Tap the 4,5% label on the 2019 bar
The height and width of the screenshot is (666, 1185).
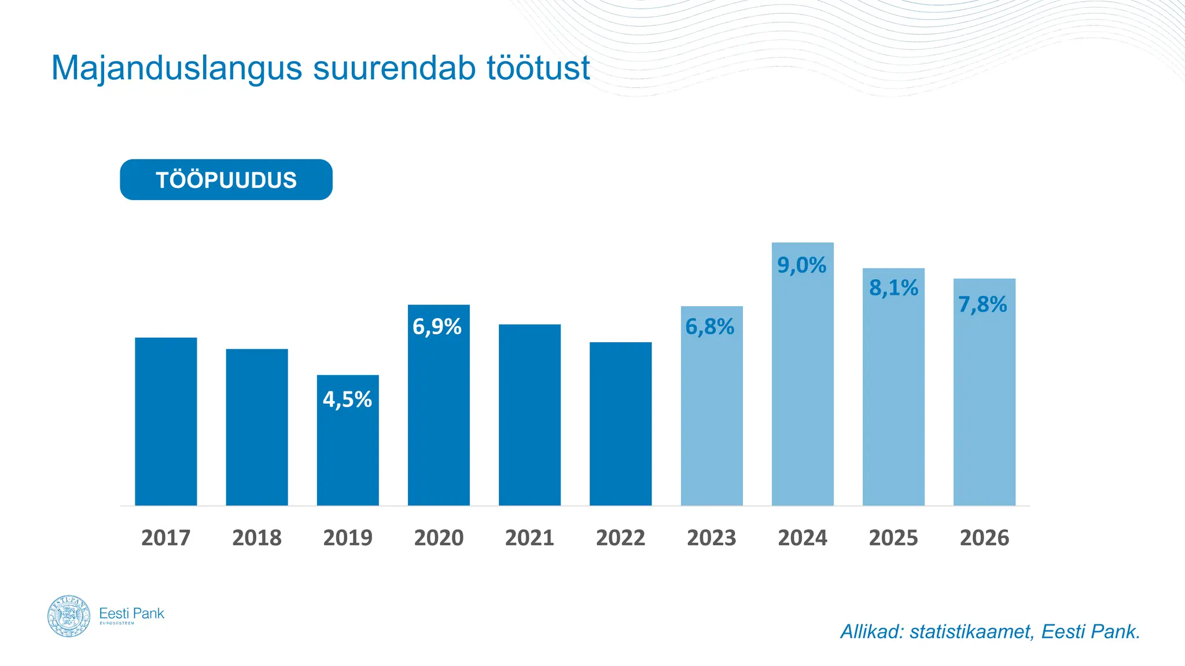coord(347,399)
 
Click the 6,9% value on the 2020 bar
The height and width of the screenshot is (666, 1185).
coord(437,327)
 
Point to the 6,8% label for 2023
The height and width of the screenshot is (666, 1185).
coord(709,327)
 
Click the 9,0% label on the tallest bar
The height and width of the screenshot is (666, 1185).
coord(801,265)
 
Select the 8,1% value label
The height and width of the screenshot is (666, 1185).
coord(893,288)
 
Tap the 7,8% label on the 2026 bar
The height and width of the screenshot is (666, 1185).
coord(982,305)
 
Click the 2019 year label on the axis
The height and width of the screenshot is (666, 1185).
coord(348,538)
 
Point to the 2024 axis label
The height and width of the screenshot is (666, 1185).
coord(803,538)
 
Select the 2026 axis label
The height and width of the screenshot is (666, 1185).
coord(984,538)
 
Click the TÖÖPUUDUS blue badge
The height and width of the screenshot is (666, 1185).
coord(226,180)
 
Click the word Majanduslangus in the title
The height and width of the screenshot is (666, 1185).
coord(176,68)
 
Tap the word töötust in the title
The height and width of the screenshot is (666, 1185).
coord(538,68)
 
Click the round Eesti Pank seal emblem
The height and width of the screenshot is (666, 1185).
coord(69,616)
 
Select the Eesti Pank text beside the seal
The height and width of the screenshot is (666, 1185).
coord(132,613)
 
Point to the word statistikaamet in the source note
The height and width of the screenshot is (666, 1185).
coord(970,632)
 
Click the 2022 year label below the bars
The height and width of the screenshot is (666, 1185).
coord(620,538)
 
